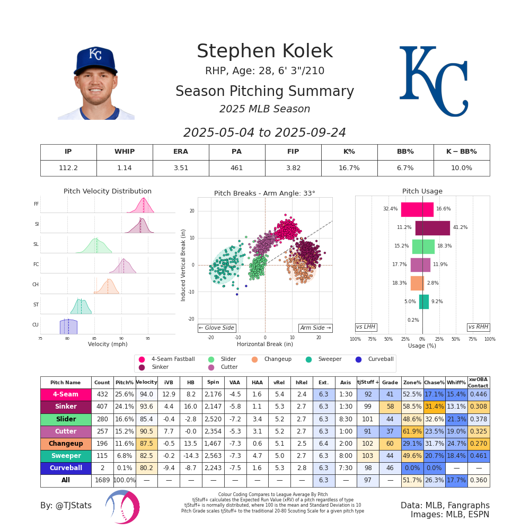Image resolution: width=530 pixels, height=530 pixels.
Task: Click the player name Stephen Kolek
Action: pyautogui.click(x=264, y=52)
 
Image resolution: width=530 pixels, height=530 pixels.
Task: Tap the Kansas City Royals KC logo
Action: pyautogui.click(x=433, y=81)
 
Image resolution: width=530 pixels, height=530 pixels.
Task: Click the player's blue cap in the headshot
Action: pyautogui.click(x=95, y=59)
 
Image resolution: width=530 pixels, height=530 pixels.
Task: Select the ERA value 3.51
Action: pyautogui.click(x=181, y=168)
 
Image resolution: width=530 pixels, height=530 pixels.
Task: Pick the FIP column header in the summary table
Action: pyautogui.click(x=293, y=152)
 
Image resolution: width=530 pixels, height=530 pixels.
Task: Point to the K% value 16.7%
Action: pyautogui.click(x=349, y=168)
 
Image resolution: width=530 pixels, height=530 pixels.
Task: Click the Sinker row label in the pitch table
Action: pyautogui.click(x=66, y=407)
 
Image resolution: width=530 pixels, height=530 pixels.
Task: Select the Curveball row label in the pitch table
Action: pyautogui.click(x=66, y=469)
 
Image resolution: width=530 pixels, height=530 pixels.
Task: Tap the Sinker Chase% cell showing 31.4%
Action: pyautogui.click(x=434, y=407)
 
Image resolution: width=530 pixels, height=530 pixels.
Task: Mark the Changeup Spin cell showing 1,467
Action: pyautogui.click(x=213, y=444)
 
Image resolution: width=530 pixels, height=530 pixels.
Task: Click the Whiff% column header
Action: pyautogui.click(x=456, y=382)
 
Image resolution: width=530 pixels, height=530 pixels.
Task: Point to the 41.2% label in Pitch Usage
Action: pyautogui.click(x=460, y=227)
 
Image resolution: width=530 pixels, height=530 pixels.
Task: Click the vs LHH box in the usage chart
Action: pyautogui.click(x=366, y=327)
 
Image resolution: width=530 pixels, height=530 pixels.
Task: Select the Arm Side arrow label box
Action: pyautogui.click(x=315, y=328)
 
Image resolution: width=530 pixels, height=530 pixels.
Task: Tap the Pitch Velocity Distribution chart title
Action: pyautogui.click(x=108, y=191)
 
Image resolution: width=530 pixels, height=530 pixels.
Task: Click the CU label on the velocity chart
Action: pyautogui.click(x=36, y=325)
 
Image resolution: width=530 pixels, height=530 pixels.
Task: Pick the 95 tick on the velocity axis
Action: pyautogui.click(x=148, y=338)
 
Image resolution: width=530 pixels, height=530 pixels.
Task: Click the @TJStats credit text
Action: pyautogui.click(x=66, y=506)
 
